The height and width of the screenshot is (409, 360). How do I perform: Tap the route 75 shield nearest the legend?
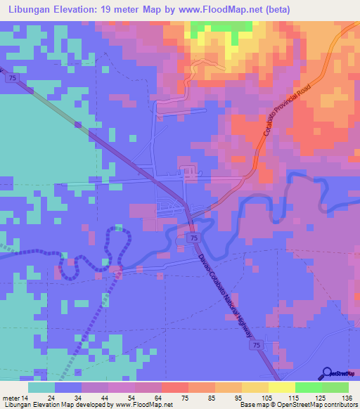pos(258,346)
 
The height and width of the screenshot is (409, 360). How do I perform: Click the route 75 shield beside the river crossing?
pos(193,240)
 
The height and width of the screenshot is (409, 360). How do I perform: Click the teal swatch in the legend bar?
pos(41,387)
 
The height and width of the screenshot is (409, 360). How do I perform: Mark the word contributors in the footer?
pos(340,405)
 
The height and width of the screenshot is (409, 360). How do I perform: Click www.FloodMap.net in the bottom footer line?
pos(139,405)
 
